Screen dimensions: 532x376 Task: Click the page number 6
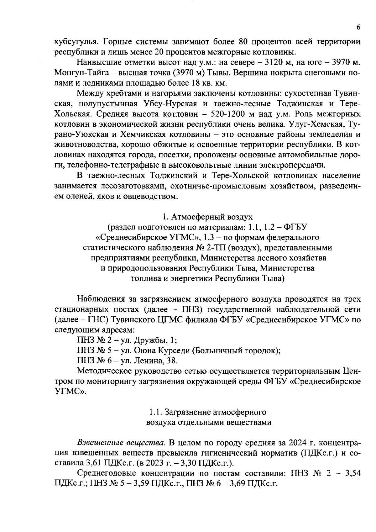coord(358,27)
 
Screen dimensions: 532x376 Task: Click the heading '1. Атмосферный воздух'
coord(207,217)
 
